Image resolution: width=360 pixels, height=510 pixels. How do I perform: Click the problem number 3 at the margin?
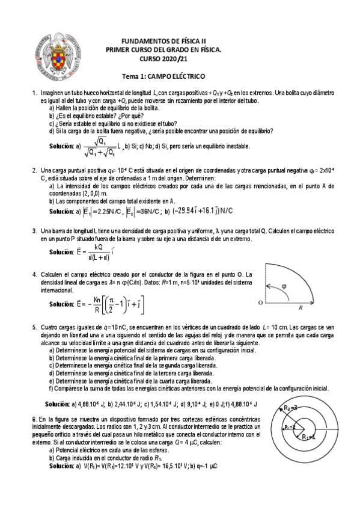click(34, 230)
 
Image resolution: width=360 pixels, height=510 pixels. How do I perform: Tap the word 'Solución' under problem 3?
click(61, 252)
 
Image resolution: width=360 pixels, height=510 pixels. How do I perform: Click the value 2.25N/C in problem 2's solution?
click(108, 211)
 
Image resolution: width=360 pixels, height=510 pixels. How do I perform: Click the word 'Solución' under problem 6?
click(61, 466)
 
